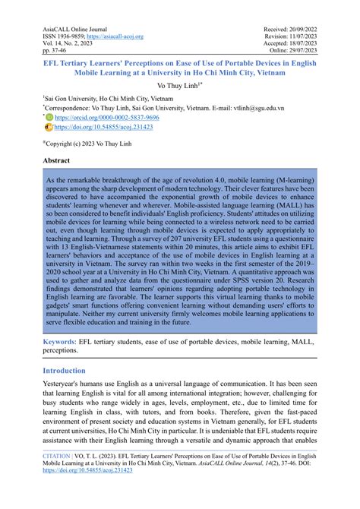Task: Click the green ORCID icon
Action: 50,119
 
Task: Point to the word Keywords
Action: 64,343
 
